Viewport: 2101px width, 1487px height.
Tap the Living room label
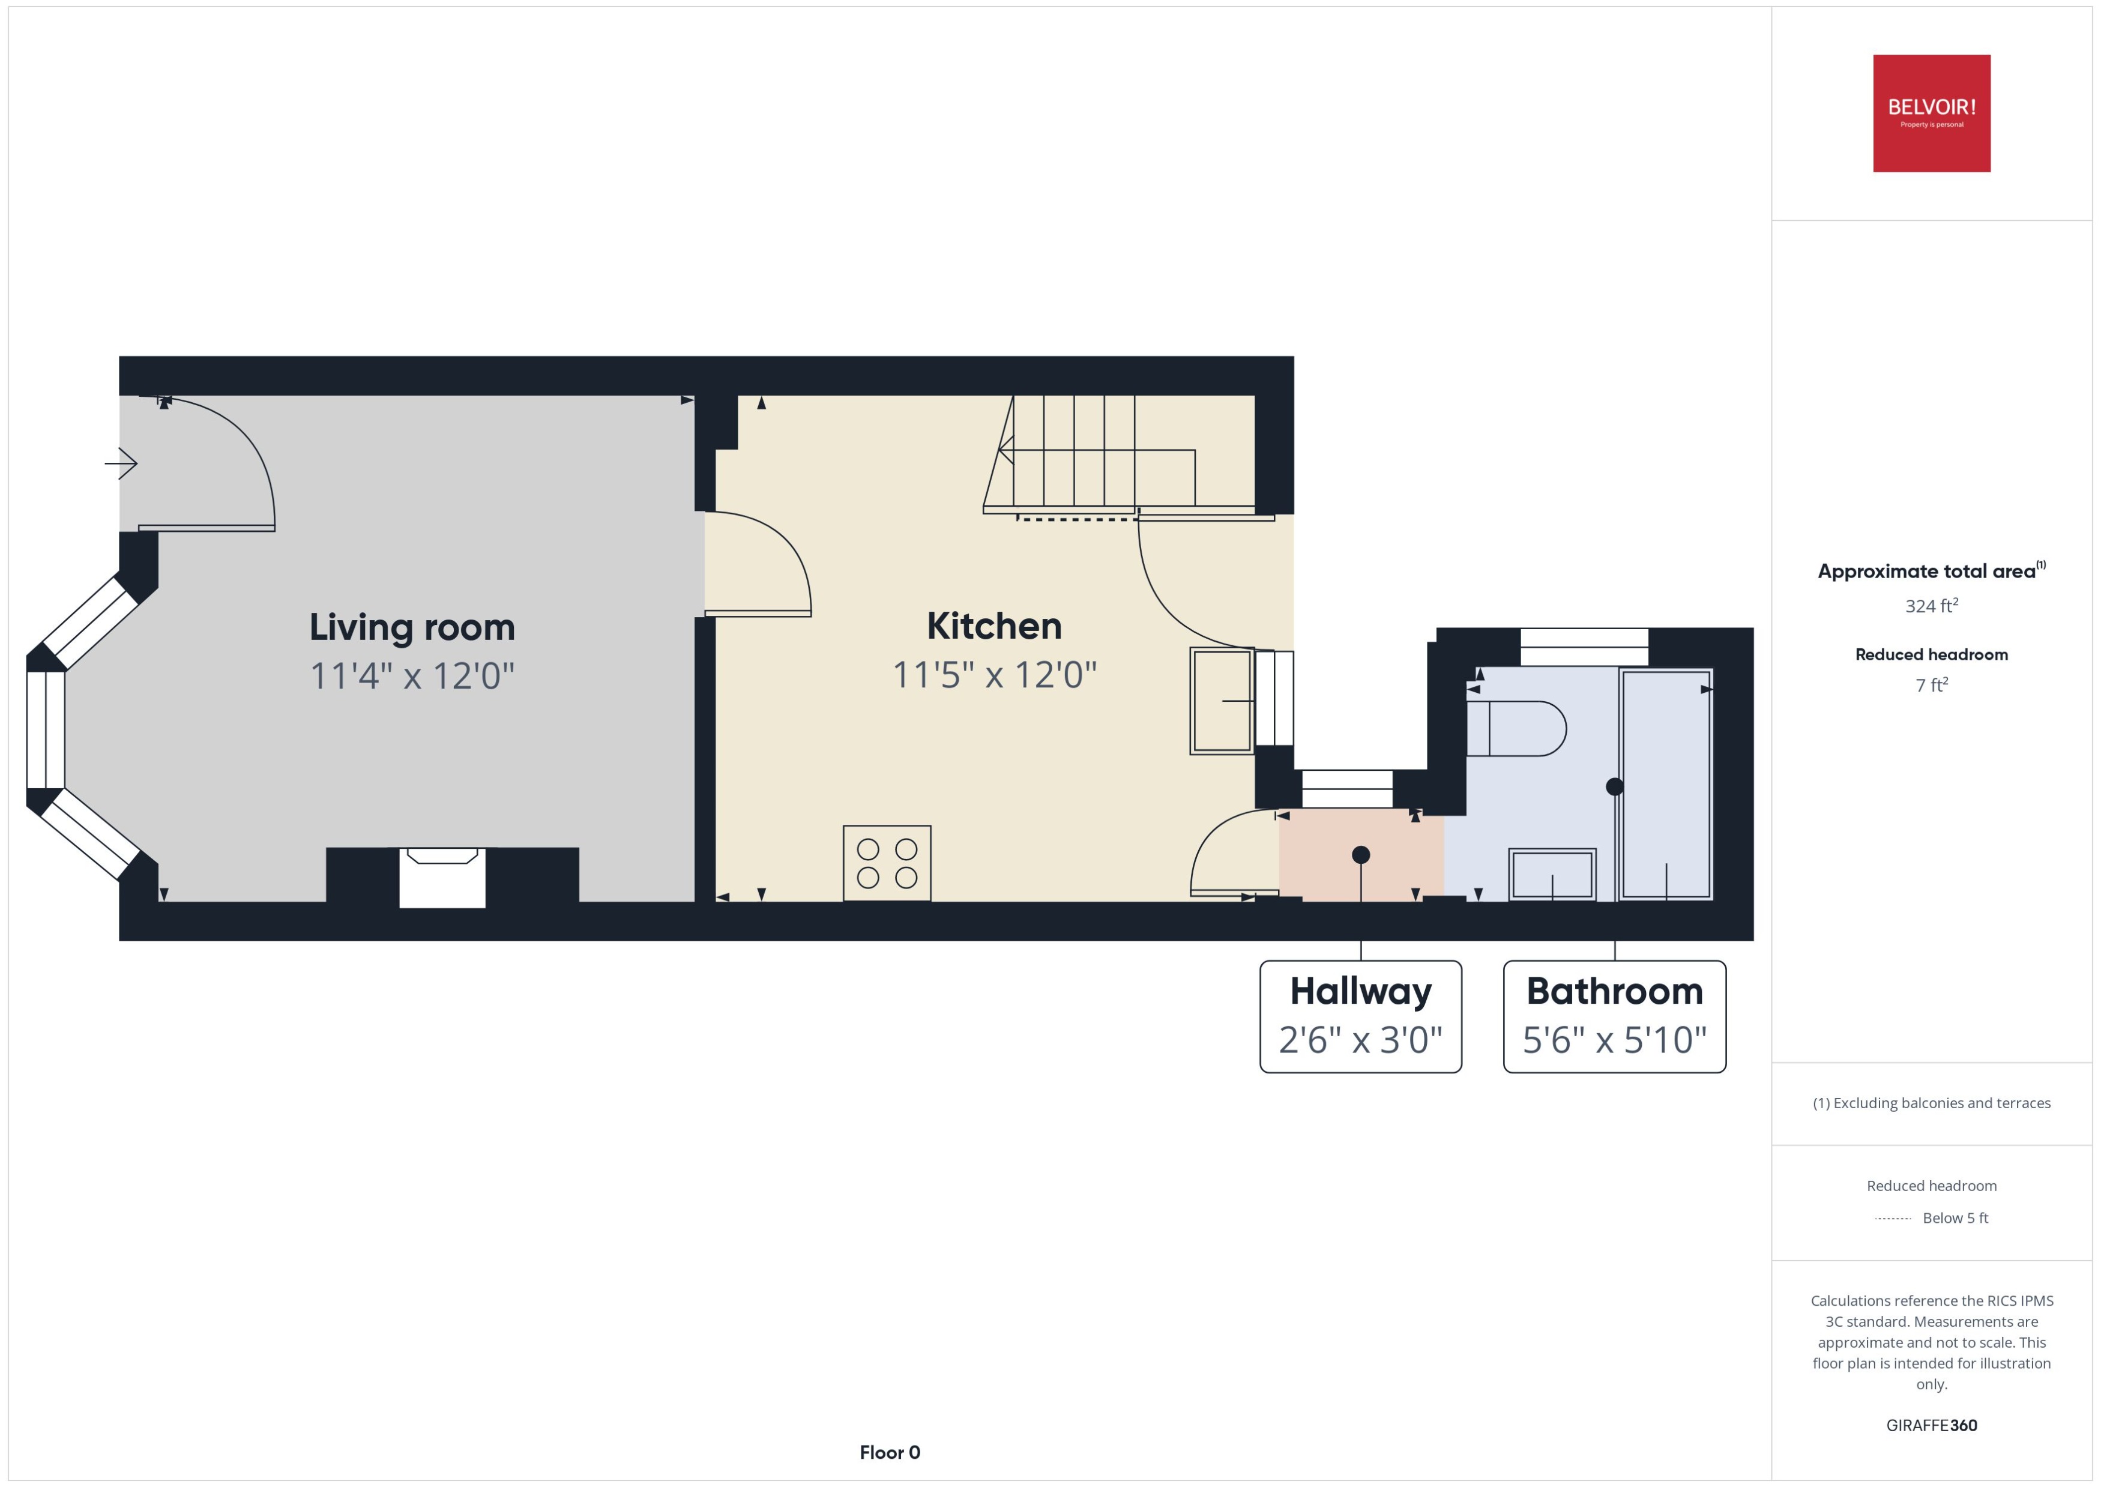(412, 628)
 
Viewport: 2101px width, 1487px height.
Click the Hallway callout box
(1360, 1016)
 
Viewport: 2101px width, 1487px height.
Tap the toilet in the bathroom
(1515, 729)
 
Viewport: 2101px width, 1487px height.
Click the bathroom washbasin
(1552, 875)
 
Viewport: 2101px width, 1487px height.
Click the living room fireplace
(442, 876)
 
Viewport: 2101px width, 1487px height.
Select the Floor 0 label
(889, 1452)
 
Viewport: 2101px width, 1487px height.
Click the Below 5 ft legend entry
(1955, 1218)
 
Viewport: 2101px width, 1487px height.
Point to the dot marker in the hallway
(1360, 855)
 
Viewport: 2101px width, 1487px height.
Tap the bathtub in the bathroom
(1665, 784)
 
